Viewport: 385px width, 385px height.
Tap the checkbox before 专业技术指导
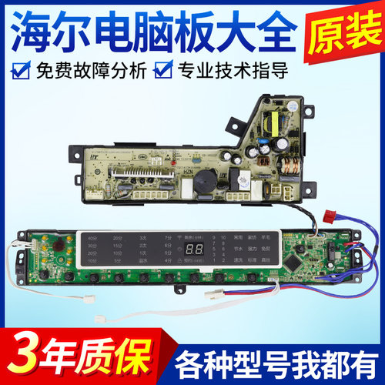[x=162, y=74]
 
